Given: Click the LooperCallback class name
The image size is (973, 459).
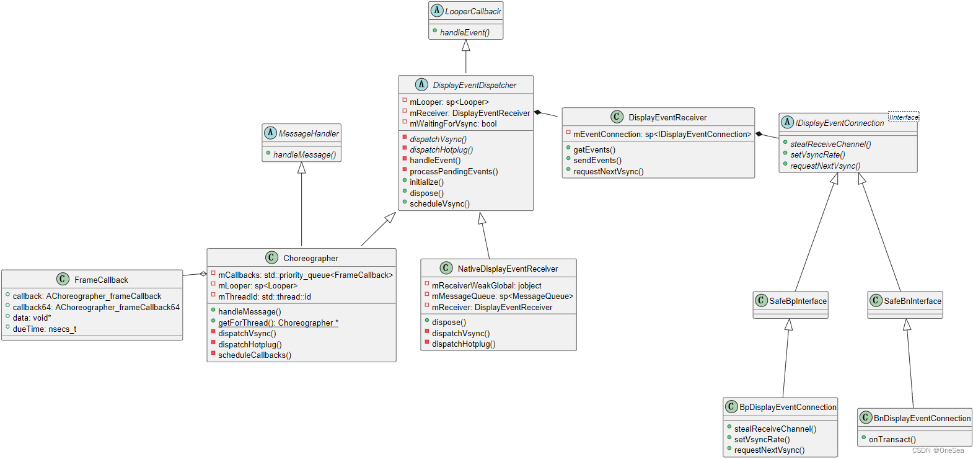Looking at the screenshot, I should click(472, 11).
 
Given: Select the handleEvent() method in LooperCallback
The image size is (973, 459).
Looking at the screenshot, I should click(464, 32).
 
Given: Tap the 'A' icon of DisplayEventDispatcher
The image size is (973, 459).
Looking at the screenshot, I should click(421, 84).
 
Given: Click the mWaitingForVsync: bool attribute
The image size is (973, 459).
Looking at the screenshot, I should click(452, 123).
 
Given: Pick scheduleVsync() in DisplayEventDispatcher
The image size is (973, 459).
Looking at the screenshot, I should click(439, 203).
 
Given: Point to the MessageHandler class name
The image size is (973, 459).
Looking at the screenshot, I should click(308, 133).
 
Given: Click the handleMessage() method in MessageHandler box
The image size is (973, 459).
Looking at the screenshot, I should click(304, 154).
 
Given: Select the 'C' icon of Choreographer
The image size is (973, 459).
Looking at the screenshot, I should click(271, 257).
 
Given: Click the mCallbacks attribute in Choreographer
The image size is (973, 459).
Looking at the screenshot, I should click(305, 275).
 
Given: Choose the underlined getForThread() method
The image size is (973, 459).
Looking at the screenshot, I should click(278, 323).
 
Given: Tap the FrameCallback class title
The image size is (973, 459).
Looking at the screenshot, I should click(101, 280).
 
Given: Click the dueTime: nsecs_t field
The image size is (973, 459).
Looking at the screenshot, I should click(44, 329).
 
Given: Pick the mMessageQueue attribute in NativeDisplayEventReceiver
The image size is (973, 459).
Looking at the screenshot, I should click(502, 296).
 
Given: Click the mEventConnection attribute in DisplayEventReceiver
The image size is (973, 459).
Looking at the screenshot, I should click(661, 134).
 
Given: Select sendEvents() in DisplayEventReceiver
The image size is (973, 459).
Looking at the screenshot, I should click(597, 160).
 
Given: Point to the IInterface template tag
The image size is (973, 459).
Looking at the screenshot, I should click(904, 117).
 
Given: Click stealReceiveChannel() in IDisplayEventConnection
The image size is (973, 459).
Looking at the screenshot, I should click(830, 144).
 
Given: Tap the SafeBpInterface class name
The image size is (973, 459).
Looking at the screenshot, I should click(798, 301).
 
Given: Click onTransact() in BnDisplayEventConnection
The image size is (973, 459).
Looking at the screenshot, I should click(892, 439).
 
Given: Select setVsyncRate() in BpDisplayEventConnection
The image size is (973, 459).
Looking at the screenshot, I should click(762, 439).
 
